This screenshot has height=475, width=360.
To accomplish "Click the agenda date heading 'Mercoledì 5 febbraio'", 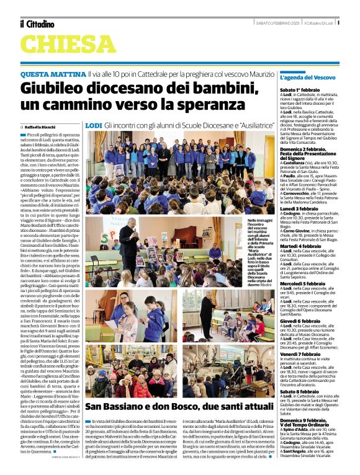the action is coord(304,283).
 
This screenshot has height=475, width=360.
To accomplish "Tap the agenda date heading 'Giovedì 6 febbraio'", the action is coord(301,321).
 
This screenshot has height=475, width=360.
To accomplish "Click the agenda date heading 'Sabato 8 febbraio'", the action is coord(300,391).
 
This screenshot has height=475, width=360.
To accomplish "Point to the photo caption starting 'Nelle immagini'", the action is coord(259,247).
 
